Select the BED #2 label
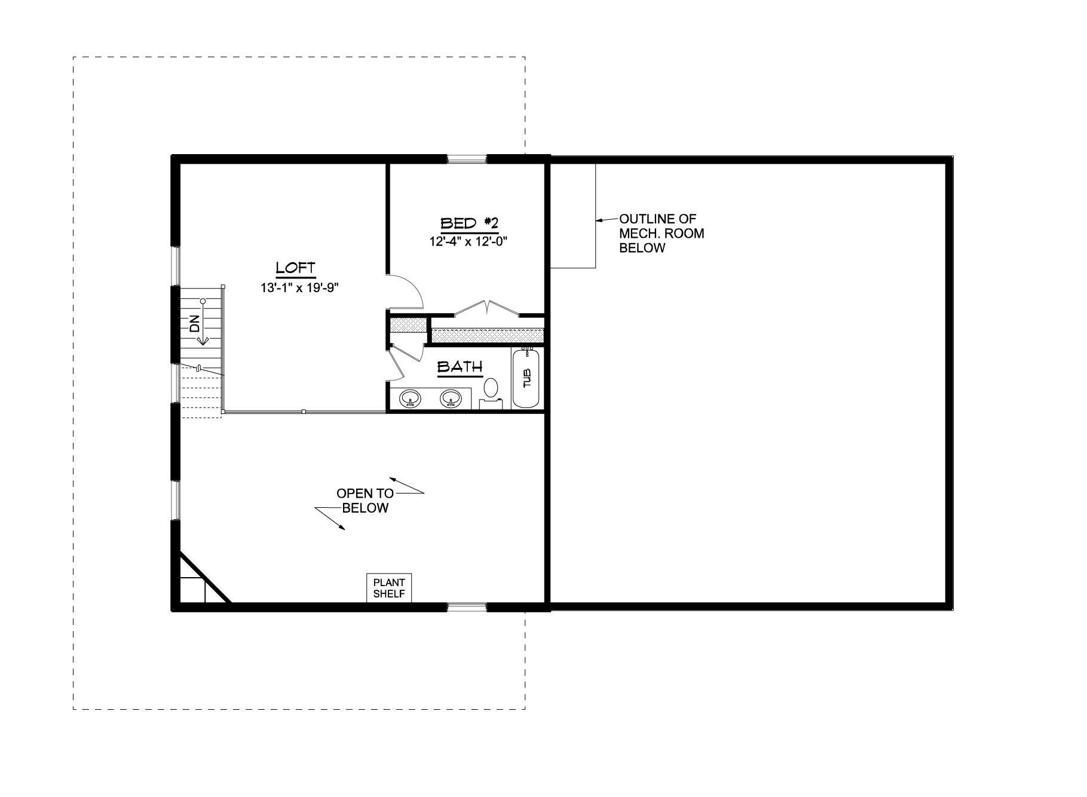click(x=469, y=223)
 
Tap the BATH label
click(x=460, y=367)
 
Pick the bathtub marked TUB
click(x=526, y=378)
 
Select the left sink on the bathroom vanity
click(x=409, y=399)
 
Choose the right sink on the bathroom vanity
click(x=451, y=399)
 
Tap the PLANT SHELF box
click(x=389, y=588)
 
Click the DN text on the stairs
click(x=194, y=324)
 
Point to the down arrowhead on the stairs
click(x=203, y=340)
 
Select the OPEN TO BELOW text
click(x=365, y=501)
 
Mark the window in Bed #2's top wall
click(x=467, y=159)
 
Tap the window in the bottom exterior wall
click(x=467, y=608)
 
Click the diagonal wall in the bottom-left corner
click(x=206, y=577)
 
